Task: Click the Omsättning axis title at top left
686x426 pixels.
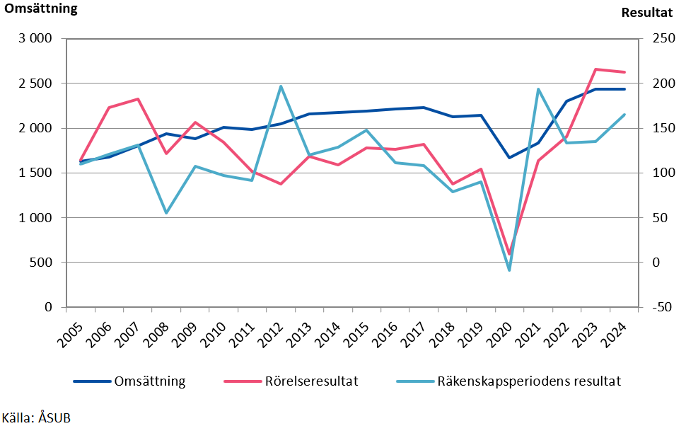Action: (x=41, y=9)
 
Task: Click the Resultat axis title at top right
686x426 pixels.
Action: (x=646, y=12)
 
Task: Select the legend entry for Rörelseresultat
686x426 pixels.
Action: (x=291, y=381)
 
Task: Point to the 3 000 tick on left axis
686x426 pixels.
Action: (x=35, y=39)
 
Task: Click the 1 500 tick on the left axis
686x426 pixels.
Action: (x=35, y=173)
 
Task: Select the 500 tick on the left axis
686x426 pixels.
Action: (x=42, y=263)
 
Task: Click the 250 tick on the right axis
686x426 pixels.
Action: (x=663, y=39)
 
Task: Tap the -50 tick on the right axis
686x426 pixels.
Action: (x=662, y=307)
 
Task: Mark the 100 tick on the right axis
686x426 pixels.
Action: (x=663, y=173)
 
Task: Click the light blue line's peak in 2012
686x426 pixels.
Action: (x=281, y=86)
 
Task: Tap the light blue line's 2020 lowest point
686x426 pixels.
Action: (x=509, y=270)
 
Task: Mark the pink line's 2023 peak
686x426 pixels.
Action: (x=595, y=69)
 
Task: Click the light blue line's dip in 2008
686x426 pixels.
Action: (x=166, y=213)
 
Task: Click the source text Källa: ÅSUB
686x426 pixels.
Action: (x=37, y=418)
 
